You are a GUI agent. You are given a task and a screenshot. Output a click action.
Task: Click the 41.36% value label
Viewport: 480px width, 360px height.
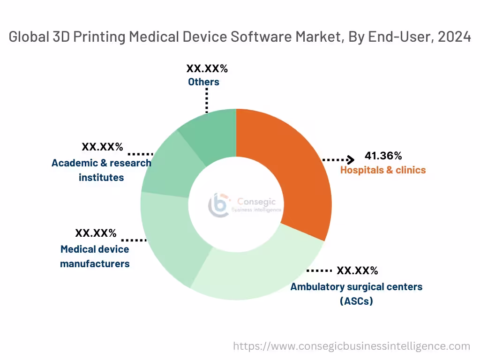pos(383,156)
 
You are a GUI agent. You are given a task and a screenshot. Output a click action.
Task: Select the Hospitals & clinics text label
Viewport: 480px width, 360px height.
pos(382,170)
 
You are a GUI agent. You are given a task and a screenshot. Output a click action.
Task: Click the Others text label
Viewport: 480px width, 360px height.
pos(203,82)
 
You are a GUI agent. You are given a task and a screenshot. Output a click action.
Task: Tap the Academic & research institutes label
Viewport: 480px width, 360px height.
pos(101,170)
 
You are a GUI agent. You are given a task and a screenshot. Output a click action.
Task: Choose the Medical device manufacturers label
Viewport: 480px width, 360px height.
pos(95,256)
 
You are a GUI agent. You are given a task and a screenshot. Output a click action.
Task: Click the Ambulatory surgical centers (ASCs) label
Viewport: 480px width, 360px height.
pos(356,293)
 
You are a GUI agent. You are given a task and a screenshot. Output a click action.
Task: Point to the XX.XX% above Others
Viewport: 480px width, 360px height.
pos(207,68)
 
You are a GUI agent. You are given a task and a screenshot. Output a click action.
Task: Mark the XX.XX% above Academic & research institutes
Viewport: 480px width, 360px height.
pos(102,147)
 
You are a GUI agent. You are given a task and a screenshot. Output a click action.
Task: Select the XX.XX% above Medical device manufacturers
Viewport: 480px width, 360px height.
pos(96,233)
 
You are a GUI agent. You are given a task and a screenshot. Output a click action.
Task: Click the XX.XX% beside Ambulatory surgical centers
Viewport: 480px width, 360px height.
pos(357,271)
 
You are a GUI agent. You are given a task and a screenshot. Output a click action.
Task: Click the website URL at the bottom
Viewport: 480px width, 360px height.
pos(352,346)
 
